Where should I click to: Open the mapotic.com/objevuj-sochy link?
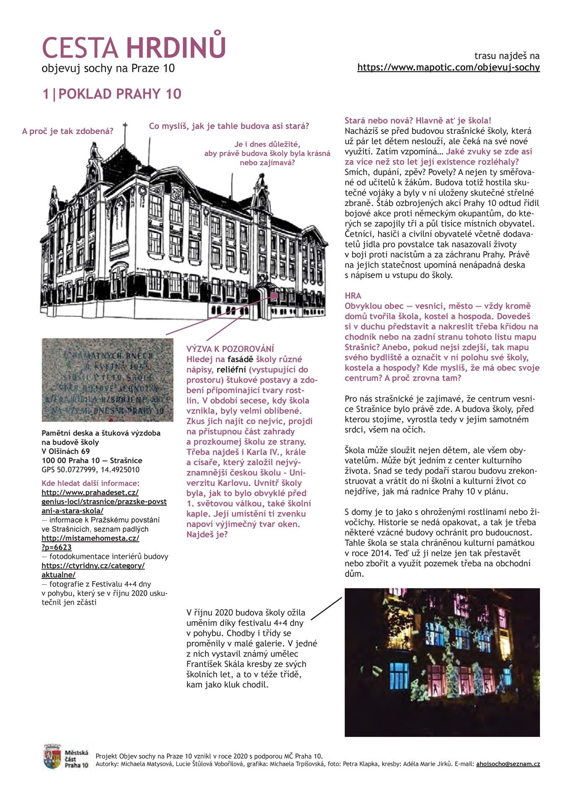click(448, 68)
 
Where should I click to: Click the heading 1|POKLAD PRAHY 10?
click(112, 94)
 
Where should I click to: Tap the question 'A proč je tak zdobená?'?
click(67, 131)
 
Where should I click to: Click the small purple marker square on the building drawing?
click(274, 296)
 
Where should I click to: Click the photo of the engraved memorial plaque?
click(107, 380)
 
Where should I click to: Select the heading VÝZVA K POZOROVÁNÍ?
click(230, 349)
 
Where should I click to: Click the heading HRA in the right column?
click(353, 296)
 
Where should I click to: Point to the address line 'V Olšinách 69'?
click(65, 451)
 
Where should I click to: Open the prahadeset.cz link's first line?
click(90, 492)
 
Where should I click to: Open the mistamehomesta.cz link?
click(90, 538)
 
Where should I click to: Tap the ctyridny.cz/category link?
click(93, 565)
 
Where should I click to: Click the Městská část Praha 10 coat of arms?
click(52, 757)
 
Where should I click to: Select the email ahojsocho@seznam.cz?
click(508, 764)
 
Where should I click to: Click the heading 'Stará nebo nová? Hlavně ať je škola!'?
click(418, 121)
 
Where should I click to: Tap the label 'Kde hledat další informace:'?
click(90, 483)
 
